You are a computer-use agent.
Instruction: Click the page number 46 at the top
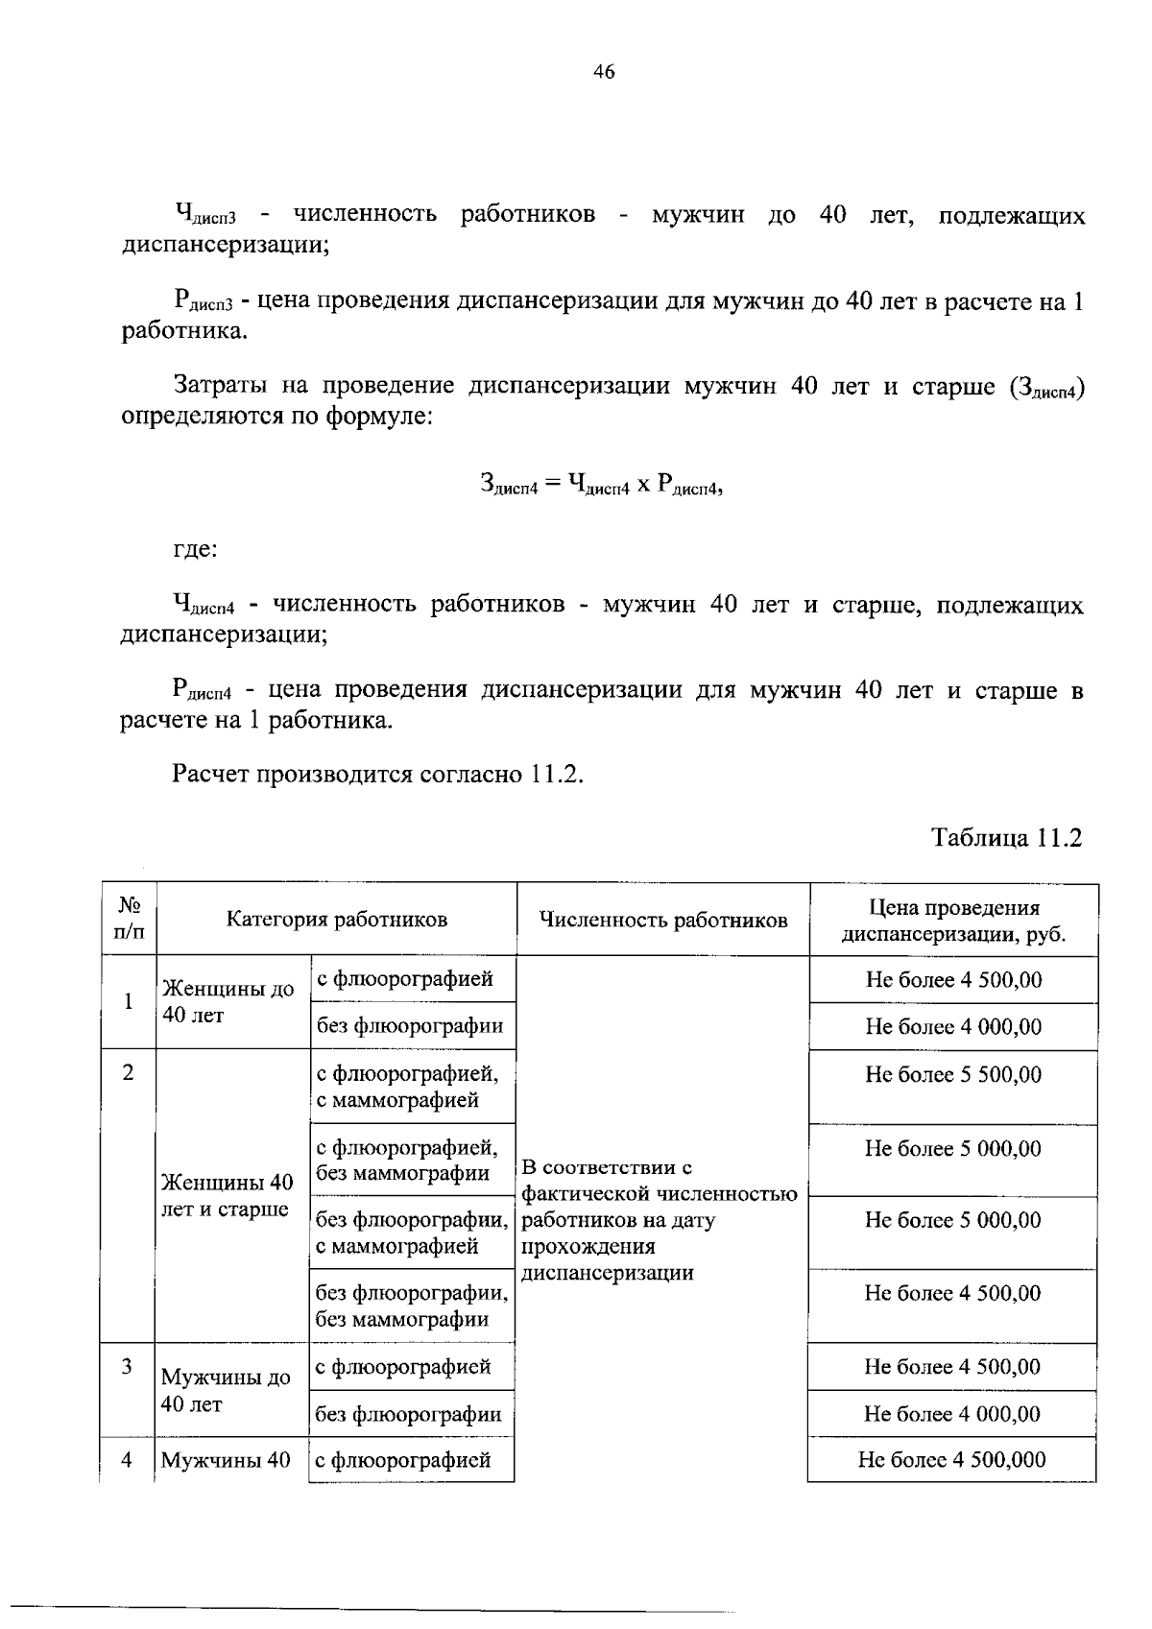604,72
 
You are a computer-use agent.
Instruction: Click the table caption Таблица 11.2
1007,837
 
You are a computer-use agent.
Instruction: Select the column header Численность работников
662,920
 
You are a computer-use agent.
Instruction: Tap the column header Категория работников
336,920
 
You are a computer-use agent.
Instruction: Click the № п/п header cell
130,919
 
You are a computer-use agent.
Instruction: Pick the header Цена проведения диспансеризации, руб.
953,921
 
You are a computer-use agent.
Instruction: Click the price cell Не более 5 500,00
952,1074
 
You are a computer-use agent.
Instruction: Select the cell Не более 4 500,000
951,1460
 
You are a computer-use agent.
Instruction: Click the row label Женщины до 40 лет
228,1001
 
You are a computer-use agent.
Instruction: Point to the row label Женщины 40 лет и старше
228,1195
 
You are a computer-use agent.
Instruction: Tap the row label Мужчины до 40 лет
226,1390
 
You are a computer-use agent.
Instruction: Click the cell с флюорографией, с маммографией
407,1086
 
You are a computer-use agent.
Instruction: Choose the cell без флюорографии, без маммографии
411,1306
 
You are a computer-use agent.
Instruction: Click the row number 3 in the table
127,1366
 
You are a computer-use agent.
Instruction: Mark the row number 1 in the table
128,1001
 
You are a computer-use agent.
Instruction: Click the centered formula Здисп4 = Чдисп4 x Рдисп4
600,485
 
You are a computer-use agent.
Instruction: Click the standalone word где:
195,550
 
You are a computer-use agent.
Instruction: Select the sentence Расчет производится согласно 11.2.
378,775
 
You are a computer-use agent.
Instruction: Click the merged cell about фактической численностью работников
659,1220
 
